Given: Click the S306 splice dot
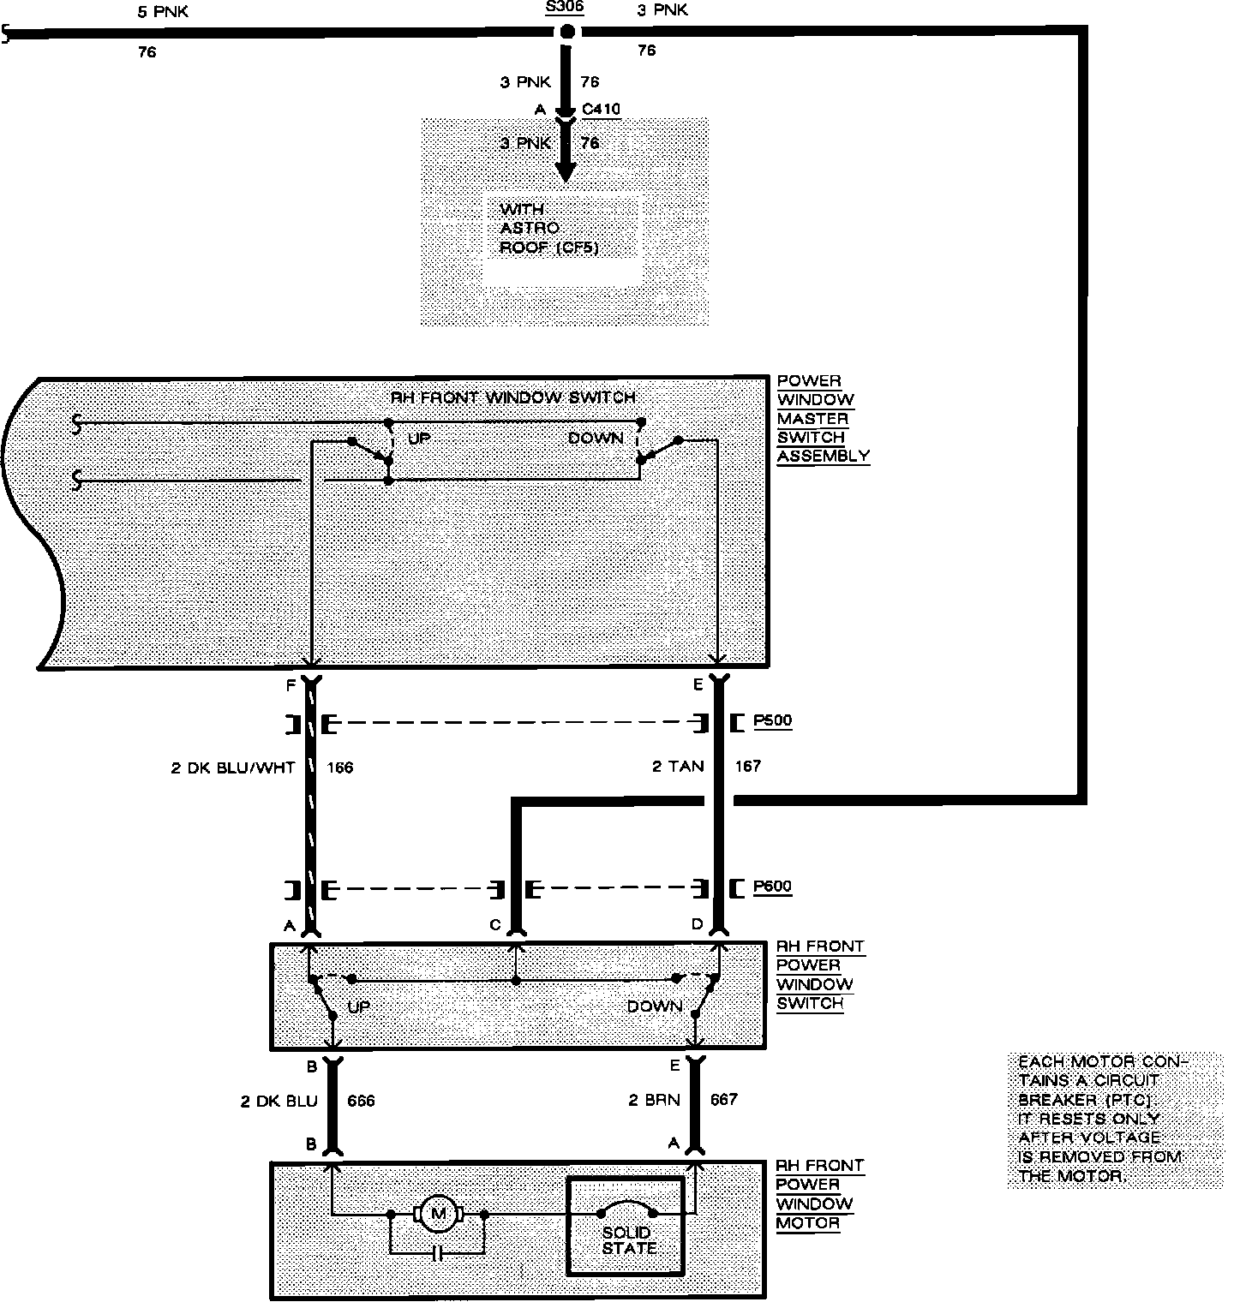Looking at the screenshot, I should (x=566, y=33).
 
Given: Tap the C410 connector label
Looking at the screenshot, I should (x=601, y=109).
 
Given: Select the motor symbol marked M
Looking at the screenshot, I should (x=439, y=1213).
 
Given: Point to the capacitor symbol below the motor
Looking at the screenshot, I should (x=438, y=1254).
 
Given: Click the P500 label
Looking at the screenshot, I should (x=772, y=721).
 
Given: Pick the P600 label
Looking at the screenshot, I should (x=772, y=887).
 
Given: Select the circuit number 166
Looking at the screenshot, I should (x=340, y=767).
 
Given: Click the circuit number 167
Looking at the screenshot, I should (x=747, y=767).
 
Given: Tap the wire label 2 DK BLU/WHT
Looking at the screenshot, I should (x=233, y=767).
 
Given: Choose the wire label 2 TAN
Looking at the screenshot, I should (x=678, y=767).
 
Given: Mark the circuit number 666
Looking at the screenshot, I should (x=361, y=1101).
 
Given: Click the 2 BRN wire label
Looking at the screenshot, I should (x=655, y=1100).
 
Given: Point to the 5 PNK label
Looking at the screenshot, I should (x=163, y=12).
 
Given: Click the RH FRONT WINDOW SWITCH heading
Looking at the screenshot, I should (x=513, y=397).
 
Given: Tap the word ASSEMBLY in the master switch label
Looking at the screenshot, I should (x=823, y=456).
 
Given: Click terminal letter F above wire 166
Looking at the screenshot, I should (x=291, y=685).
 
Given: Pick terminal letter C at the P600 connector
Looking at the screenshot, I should (x=494, y=925).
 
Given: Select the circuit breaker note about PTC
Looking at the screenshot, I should (x=1104, y=1119).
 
